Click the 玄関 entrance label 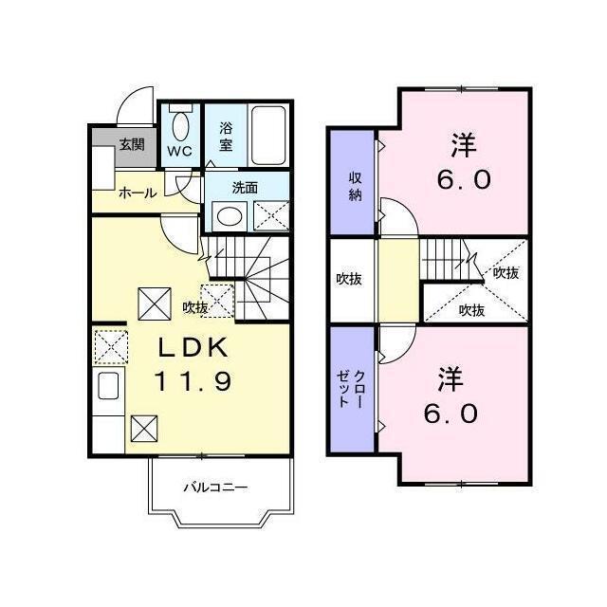[132, 145]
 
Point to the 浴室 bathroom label [226, 137]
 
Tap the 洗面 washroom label [245, 187]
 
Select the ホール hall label [138, 193]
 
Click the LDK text [193, 348]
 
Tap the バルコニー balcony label [216, 487]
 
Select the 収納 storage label [355, 185]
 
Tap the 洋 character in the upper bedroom [463, 146]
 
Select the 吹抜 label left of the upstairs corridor [349, 280]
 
